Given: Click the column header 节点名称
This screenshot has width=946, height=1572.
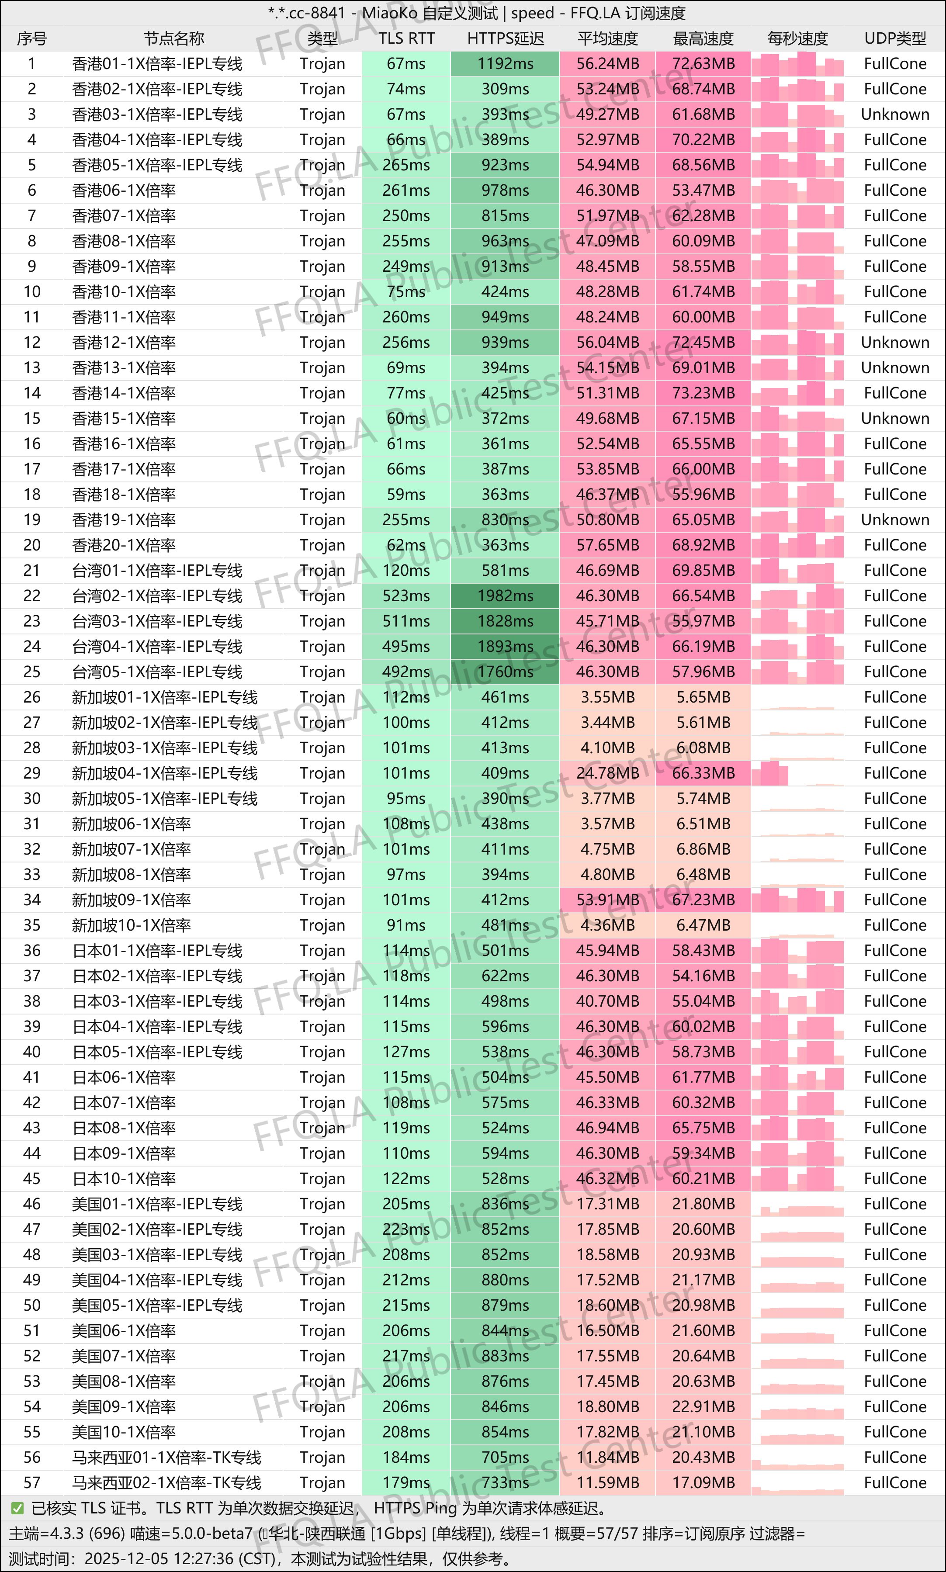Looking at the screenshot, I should (x=173, y=39).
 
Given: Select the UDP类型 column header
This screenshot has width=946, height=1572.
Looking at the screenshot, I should (x=894, y=39).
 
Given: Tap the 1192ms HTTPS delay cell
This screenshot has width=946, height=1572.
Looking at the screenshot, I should (x=505, y=64).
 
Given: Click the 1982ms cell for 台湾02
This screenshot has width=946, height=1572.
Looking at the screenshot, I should (x=505, y=596).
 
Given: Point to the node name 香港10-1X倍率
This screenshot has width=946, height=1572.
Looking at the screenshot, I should (x=124, y=292).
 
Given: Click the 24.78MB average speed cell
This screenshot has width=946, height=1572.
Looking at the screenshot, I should (x=607, y=773).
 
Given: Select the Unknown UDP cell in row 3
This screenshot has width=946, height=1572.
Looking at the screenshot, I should (x=894, y=115).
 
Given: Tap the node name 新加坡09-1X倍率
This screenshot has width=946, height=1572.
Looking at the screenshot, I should (x=132, y=900).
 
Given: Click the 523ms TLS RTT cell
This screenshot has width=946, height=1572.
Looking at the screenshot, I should (x=406, y=596).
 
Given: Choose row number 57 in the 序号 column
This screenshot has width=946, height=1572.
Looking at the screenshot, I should (x=32, y=1483).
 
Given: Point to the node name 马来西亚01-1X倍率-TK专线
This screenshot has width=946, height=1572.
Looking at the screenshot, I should (x=166, y=1457).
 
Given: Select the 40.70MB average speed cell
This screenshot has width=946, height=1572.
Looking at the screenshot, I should (x=607, y=1001).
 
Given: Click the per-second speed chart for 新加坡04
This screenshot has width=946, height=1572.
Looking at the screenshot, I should (x=797, y=773).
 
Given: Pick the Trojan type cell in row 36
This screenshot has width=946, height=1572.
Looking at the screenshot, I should (x=322, y=951).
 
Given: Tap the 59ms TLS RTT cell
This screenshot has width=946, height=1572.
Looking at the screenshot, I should (x=406, y=495).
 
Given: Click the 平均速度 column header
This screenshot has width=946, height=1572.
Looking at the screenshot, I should (x=607, y=39).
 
